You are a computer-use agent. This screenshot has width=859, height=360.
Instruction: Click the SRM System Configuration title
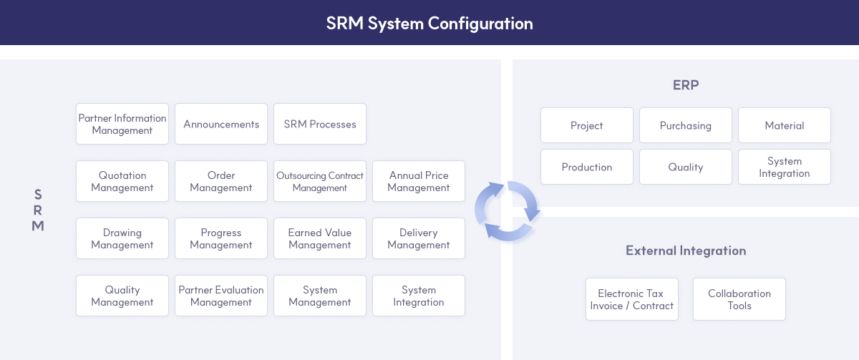429,23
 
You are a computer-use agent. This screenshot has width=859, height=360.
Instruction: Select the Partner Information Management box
122,125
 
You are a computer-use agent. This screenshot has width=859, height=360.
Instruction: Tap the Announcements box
221,125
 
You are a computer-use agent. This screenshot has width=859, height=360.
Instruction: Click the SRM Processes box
320,125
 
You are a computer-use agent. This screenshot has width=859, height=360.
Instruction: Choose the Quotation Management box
122,182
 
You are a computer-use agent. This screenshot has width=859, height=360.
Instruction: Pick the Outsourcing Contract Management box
320,182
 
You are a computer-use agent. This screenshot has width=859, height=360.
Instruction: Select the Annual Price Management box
419,182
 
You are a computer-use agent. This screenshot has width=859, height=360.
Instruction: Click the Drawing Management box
122,239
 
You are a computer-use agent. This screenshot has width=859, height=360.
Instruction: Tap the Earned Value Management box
320,239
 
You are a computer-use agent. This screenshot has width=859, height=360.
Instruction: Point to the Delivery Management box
419,239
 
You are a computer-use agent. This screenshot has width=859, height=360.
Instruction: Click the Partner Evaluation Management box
221,296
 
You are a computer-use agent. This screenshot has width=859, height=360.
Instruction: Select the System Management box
320,296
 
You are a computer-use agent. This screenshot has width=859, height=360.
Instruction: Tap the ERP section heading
686,85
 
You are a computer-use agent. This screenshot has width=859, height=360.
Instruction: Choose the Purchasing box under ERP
686,126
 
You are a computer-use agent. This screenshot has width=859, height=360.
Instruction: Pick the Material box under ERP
785,126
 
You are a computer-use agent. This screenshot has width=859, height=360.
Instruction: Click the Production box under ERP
587,167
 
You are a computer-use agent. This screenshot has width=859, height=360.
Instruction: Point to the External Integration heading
686,251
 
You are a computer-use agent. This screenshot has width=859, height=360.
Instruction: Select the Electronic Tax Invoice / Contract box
632,300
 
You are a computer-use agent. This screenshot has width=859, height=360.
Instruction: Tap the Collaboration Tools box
739,300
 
